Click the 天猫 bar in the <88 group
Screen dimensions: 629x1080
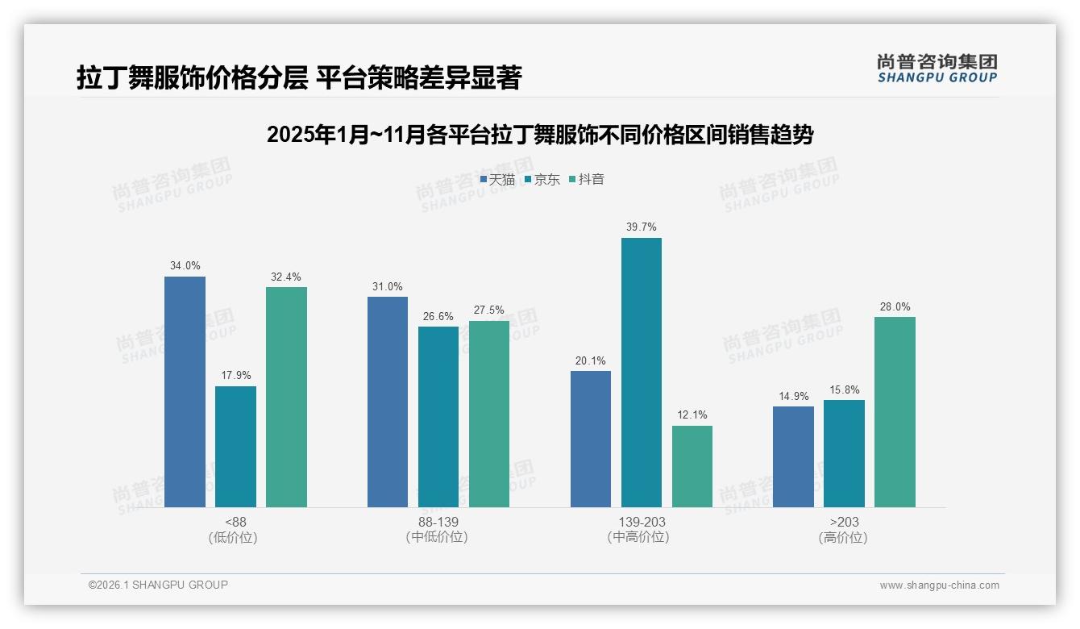coord(185,392)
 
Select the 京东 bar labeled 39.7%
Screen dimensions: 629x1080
coord(642,373)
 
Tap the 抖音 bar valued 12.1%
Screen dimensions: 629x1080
coord(692,466)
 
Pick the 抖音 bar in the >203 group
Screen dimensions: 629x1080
coord(895,412)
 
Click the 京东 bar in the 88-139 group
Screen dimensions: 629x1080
coord(438,417)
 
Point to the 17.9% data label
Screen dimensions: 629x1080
coord(235,375)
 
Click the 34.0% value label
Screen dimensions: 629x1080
coord(185,265)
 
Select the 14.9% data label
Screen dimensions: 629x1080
coord(793,395)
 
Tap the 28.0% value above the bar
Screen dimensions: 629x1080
coord(895,306)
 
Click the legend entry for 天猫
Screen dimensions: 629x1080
coord(497,180)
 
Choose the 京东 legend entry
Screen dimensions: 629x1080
coord(542,180)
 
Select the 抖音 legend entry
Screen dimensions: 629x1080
coord(587,180)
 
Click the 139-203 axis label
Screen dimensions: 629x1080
coord(642,522)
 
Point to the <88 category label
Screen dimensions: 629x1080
coord(235,522)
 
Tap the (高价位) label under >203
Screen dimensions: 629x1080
coord(844,538)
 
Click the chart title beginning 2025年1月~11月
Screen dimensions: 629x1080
coord(539,135)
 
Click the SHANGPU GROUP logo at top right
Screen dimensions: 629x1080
coord(937,68)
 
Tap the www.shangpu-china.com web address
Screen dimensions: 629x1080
coord(939,585)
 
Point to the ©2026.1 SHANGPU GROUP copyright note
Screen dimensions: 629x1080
coord(158,585)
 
